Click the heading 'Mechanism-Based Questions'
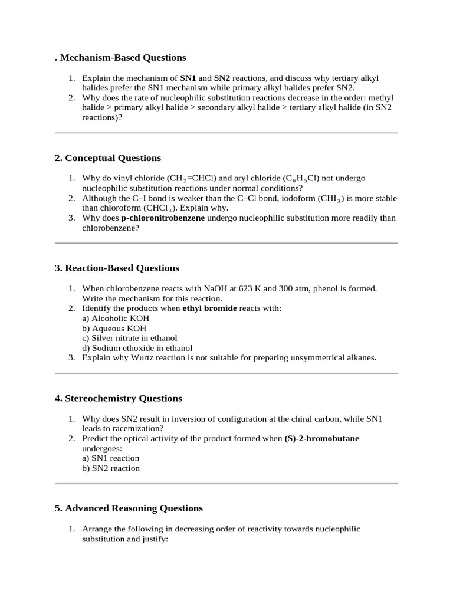tap(123, 58)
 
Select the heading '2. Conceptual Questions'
tap(108, 158)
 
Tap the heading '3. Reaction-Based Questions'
tap(117, 268)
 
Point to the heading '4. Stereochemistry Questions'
tap(119, 398)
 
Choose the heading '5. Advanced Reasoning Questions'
tap(129, 508)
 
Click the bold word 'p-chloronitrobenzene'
tap(163, 218)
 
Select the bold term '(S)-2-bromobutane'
tap(321, 439)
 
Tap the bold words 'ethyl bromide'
tap(209, 308)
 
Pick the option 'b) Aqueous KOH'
tap(110, 329)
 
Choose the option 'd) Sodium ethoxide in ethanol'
tap(137, 348)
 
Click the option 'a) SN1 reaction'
tap(110, 458)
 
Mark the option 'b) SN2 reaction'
tap(111, 468)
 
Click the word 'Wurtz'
tap(147, 358)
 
